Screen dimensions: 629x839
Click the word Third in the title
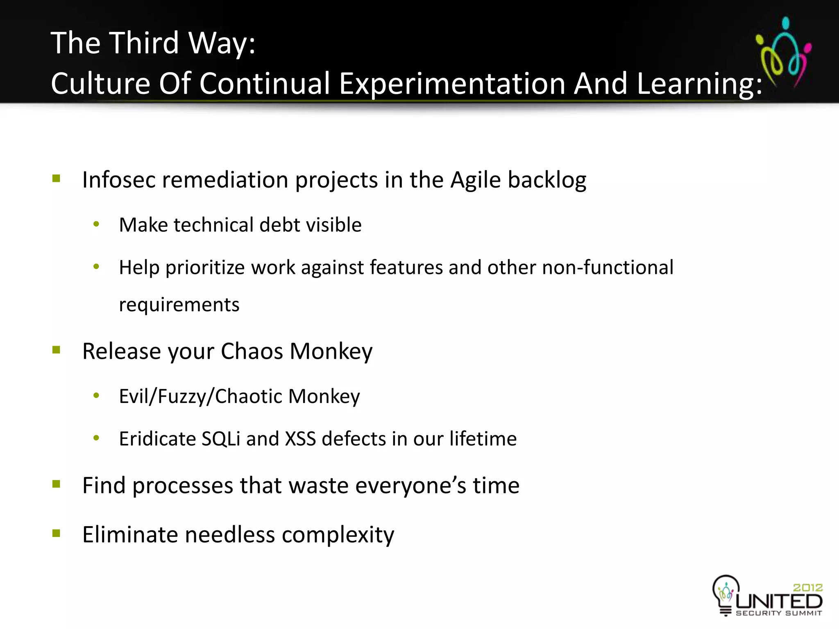[145, 43]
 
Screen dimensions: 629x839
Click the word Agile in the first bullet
[475, 181]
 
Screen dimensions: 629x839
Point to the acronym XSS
[300, 439]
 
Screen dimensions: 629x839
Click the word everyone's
[410, 486]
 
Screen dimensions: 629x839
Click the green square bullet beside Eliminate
[57, 533]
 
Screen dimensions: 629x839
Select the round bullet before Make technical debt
[96, 224]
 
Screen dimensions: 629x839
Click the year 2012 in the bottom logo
[807, 588]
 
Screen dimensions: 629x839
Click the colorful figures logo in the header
[783, 51]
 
